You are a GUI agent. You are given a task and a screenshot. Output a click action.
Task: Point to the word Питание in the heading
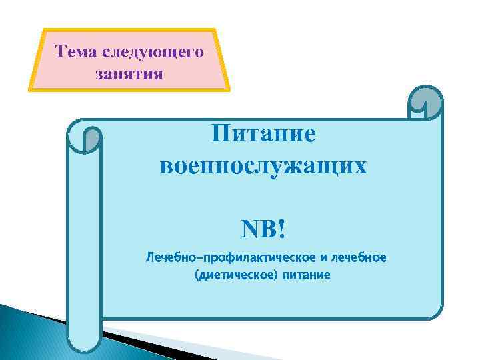point(263,133)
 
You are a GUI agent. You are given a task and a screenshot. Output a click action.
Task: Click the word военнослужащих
point(263,165)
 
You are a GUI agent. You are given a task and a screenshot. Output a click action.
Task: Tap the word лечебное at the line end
point(361,257)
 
